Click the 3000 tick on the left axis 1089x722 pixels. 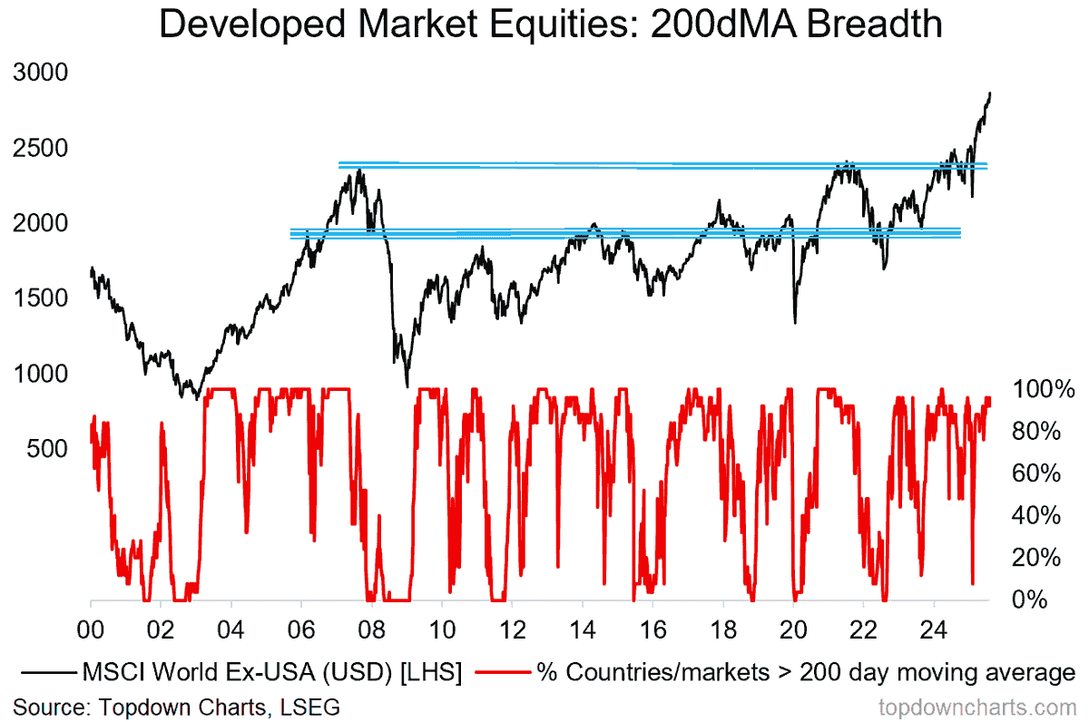pos(42,73)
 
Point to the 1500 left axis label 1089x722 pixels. pos(42,298)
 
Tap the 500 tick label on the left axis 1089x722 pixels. pos(50,449)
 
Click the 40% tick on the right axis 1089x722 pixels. pos(1035,515)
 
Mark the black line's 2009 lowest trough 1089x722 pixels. pos(407,385)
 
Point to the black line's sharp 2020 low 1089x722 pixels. pos(795,322)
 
